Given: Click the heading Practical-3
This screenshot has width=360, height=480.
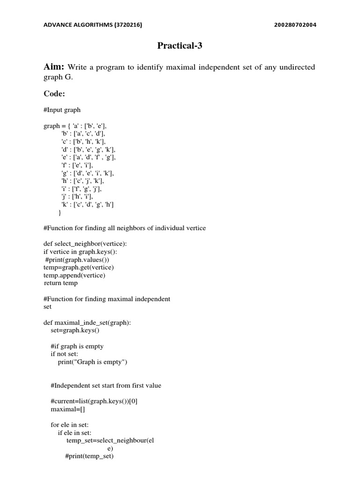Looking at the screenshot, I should tap(180, 46).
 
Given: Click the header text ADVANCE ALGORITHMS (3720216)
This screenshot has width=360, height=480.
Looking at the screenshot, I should tap(92, 25).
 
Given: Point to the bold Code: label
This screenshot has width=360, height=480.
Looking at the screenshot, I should tap(54, 94).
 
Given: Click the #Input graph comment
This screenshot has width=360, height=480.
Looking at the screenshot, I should tap(62, 110).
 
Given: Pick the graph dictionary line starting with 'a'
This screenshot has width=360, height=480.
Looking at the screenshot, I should tap(78, 126).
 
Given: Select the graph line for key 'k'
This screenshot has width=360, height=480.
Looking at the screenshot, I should tap(88, 204).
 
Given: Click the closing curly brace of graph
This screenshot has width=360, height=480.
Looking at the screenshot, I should tap(60, 213).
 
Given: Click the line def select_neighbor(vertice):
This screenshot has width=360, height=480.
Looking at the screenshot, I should tap(85, 244).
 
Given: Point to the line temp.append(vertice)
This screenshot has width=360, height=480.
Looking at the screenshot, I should tap(74, 275).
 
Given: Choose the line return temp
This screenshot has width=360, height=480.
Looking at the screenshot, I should tap(61, 283).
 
